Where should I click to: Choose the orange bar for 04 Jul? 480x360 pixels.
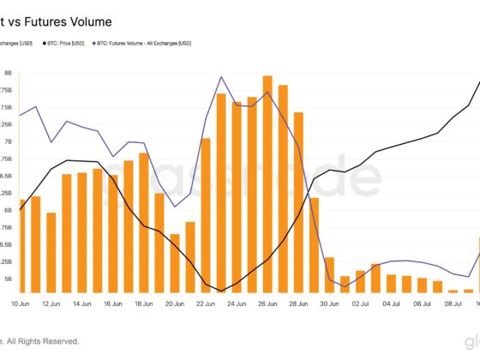(391, 284)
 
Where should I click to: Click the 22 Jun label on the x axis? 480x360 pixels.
(206, 303)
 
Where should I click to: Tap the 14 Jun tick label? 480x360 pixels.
(82, 303)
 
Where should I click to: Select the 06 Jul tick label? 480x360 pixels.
(422, 303)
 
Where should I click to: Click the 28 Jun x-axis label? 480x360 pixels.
(298, 303)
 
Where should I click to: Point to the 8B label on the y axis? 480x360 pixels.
(8, 74)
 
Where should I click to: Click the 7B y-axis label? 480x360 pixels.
(8, 141)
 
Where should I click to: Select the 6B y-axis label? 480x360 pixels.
(8, 210)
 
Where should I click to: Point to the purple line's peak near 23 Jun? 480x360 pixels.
(221, 77)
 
